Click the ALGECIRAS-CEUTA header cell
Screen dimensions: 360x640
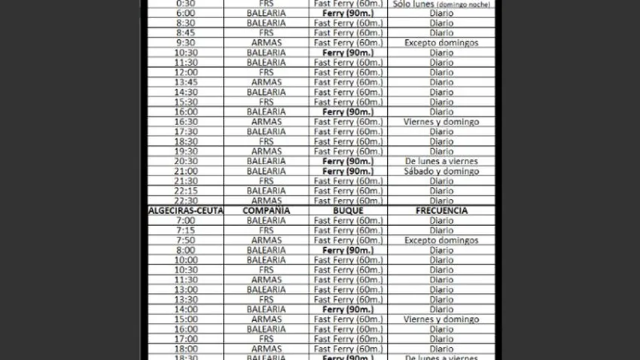pyautogui.click(x=185, y=211)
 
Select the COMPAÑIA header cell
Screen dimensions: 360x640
pyautogui.click(x=266, y=211)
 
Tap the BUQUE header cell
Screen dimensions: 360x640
pyautogui.click(x=348, y=211)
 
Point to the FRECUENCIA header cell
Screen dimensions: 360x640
pyautogui.click(x=441, y=211)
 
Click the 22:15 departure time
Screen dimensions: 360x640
pyautogui.click(x=185, y=191)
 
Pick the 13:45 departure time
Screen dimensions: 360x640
pyautogui.click(x=185, y=82)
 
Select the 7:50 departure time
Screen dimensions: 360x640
pyautogui.click(x=185, y=240)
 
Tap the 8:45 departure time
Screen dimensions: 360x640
pyautogui.click(x=185, y=33)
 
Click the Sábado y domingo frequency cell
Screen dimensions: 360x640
pyautogui.click(x=441, y=171)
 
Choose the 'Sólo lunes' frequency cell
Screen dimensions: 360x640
pyautogui.click(x=441, y=4)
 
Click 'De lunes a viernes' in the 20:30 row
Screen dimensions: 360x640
pyautogui.click(x=441, y=161)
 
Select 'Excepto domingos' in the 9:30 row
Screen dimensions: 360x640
pyautogui.click(x=441, y=43)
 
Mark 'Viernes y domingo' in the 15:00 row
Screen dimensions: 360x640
pyautogui.click(x=441, y=319)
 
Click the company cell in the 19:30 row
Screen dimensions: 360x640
pyautogui.click(x=266, y=151)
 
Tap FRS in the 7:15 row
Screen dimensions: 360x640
pyautogui.click(x=266, y=230)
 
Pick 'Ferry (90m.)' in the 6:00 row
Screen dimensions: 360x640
pyautogui.click(x=348, y=14)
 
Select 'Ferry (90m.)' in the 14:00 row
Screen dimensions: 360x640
pyautogui.click(x=348, y=310)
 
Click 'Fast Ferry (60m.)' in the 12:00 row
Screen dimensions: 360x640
pyautogui.click(x=348, y=72)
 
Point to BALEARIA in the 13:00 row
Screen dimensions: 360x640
pyautogui.click(x=266, y=290)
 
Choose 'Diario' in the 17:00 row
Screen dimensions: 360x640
pyautogui.click(x=441, y=339)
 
